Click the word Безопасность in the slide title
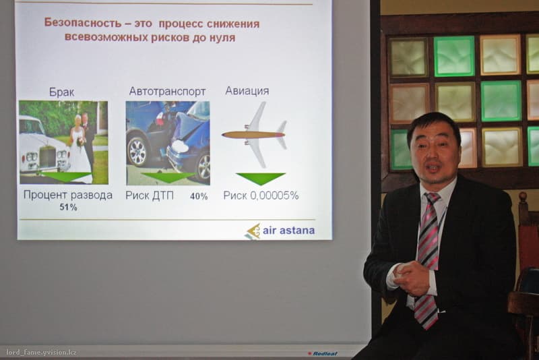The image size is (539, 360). (x=82, y=23)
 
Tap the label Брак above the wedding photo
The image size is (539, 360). (x=61, y=92)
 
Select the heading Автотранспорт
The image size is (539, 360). (x=167, y=92)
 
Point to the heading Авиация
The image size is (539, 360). (x=247, y=91)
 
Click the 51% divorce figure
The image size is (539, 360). (x=69, y=207)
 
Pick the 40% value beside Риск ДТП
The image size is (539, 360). (x=199, y=196)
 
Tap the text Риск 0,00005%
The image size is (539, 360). (x=261, y=196)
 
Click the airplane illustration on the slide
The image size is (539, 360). (x=255, y=134)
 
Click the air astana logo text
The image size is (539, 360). (x=288, y=231)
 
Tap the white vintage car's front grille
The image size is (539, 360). (x=47, y=157)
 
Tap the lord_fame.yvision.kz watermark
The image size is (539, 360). (x=41, y=353)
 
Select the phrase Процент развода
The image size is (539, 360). (x=68, y=195)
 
